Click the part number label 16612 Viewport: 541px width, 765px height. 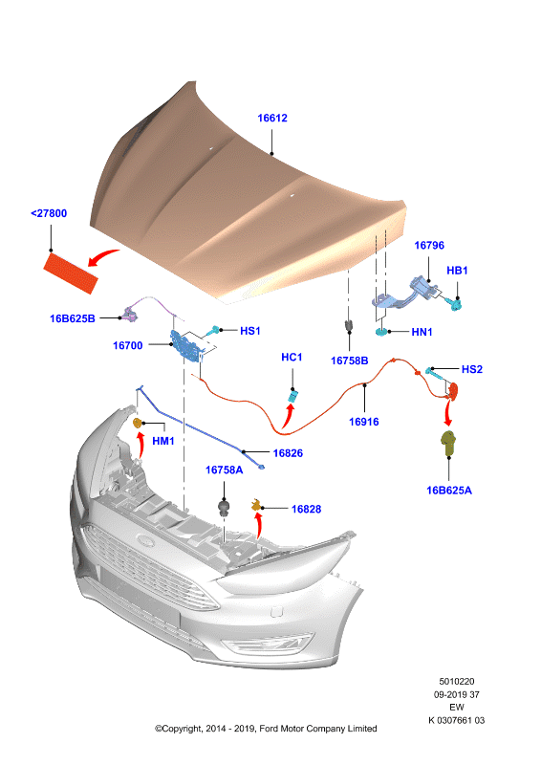pyautogui.click(x=272, y=118)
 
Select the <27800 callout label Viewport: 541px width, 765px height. pyautogui.click(x=49, y=213)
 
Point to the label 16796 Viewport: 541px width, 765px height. pyautogui.click(x=429, y=245)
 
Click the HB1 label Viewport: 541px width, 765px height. pyautogui.click(x=457, y=271)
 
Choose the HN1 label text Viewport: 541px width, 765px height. pyautogui.click(x=422, y=332)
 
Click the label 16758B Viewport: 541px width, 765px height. pyautogui.click(x=349, y=361)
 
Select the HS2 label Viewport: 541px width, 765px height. pyautogui.click(x=472, y=369)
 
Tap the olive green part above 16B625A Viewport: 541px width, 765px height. pyautogui.click(x=448, y=443)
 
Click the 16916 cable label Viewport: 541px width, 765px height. pyautogui.click(x=364, y=422)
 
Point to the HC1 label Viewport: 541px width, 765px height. pyautogui.click(x=292, y=357)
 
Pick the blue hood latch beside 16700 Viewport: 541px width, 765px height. pyautogui.click(x=184, y=345)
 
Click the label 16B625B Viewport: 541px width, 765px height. pyautogui.click(x=73, y=318)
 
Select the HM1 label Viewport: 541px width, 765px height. pyautogui.click(x=162, y=441)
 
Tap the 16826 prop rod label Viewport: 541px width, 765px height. pyautogui.click(x=288, y=453)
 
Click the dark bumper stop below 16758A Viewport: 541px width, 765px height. pyautogui.click(x=224, y=508)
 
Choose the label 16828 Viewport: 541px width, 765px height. pyautogui.click(x=307, y=510)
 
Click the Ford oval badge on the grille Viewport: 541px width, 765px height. pyautogui.click(x=145, y=540)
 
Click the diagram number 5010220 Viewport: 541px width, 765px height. pyautogui.click(x=457, y=682)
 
